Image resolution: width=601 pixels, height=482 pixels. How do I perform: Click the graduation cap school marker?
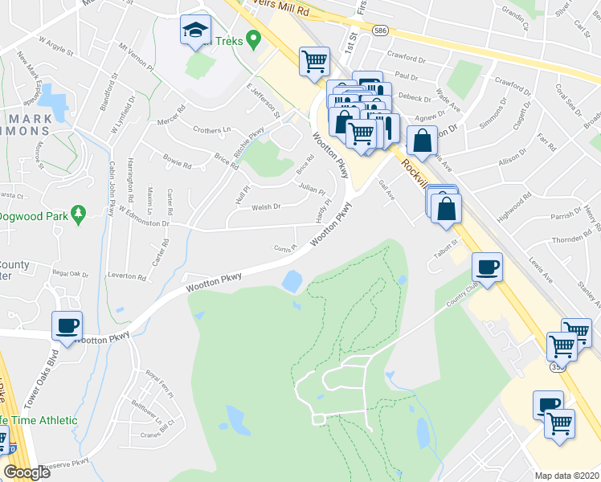(x=194, y=31)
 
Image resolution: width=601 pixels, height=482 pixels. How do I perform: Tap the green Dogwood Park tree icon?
(x=78, y=214)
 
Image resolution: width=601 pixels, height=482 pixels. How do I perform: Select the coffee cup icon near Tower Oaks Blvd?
(x=67, y=326)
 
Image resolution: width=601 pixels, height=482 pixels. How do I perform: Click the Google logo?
(x=27, y=472)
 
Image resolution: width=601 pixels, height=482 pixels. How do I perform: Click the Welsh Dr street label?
(x=266, y=206)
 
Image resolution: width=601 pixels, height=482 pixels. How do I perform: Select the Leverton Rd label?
(x=127, y=276)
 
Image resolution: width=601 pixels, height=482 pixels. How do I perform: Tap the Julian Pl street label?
(x=312, y=190)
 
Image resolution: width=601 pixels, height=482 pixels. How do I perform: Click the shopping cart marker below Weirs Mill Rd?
(x=314, y=60)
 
